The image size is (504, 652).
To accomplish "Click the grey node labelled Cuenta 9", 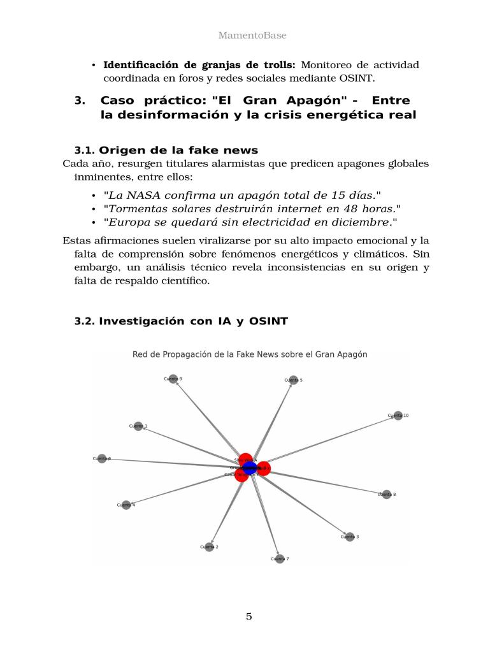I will click(x=173, y=379).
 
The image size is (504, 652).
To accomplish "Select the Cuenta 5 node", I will click(x=293, y=380).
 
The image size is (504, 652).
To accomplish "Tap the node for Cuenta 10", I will click(x=398, y=416).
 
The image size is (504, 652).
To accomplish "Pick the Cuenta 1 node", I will click(x=138, y=426).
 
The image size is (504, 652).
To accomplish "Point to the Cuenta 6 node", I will click(x=102, y=458).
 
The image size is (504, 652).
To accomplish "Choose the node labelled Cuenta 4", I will click(x=126, y=505).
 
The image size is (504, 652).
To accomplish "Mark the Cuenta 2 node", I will click(x=209, y=547).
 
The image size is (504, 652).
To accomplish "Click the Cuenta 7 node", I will click(x=280, y=559).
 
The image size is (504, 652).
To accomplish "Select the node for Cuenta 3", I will click(x=349, y=537).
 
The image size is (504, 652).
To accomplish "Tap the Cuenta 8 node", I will click(x=386, y=494).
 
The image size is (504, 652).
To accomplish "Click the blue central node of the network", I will click(x=250, y=468).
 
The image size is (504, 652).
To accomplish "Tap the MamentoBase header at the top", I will click(x=252, y=36).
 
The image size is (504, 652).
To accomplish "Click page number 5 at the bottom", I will click(x=249, y=616).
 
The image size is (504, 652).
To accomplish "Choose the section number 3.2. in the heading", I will click(x=85, y=321).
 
